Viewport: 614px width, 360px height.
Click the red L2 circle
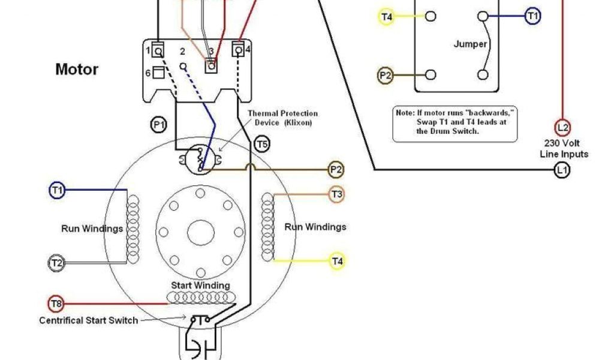click(x=562, y=127)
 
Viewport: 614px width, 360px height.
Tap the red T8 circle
click(x=55, y=304)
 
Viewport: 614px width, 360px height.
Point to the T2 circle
click(x=55, y=262)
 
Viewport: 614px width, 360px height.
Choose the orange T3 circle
click(x=336, y=194)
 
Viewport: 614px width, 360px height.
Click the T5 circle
click(x=262, y=144)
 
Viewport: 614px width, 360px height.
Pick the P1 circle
click(x=158, y=125)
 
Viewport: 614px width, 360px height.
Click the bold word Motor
click(x=77, y=69)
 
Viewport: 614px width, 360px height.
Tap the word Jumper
click(x=470, y=44)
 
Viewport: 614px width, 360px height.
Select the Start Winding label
click(x=200, y=286)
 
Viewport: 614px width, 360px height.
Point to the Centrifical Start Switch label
click(x=89, y=320)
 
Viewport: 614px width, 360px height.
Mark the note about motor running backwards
click(x=455, y=122)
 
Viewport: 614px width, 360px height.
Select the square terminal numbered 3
click(x=211, y=66)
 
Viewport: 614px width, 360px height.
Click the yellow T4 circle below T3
click(x=337, y=261)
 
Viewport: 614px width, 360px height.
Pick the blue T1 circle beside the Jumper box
click(x=532, y=16)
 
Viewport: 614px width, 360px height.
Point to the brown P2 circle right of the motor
click(x=336, y=170)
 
